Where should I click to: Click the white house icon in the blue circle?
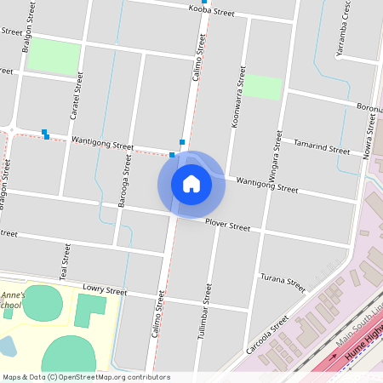coord(191,183)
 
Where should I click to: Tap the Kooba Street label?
coord(211,12)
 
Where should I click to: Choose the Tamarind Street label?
coord(321,148)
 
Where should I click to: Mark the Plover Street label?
coord(228,226)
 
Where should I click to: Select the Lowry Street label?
coord(105,291)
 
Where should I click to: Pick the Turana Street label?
coord(283,282)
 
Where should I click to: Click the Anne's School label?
coord(12,300)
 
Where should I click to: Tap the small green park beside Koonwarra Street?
coord(263,87)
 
